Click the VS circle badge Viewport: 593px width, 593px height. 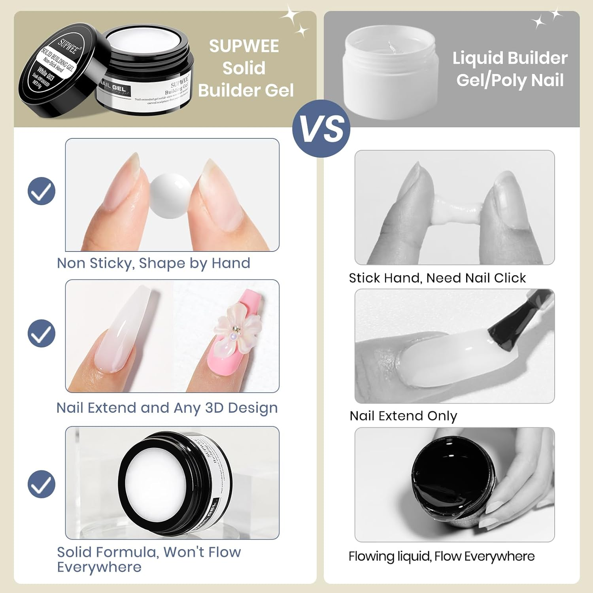[321, 129]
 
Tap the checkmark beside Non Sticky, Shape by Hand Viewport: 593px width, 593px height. [42, 191]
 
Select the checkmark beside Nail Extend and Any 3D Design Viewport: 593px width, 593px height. [42, 333]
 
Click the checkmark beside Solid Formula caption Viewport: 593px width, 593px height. [42, 484]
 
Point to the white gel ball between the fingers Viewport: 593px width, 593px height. [171, 196]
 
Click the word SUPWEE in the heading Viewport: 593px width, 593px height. [244, 46]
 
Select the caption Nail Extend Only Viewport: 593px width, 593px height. [403, 416]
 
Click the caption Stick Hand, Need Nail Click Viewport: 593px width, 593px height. [437, 278]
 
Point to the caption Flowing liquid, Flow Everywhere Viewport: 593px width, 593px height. [441, 556]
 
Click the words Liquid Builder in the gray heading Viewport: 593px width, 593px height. [510, 58]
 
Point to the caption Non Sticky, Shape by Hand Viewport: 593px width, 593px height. [153, 263]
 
